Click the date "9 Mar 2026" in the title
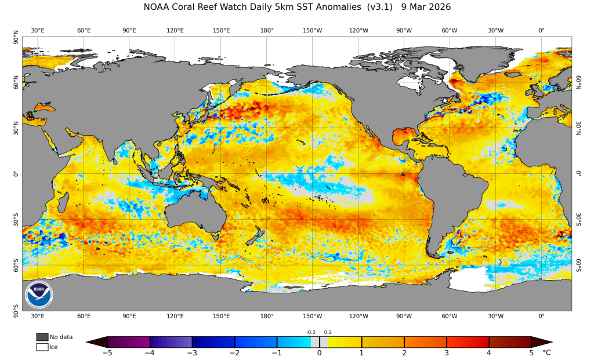coord(426,7)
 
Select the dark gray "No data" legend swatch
coord(42,337)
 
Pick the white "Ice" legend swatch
coord(42,347)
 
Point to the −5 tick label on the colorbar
coord(107,352)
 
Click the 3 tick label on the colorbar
coord(447,352)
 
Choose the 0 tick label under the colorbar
coord(319,352)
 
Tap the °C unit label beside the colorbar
coord(546,352)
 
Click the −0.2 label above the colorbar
coord(311,332)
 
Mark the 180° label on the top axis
coord(267,30)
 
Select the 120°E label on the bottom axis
coord(175,316)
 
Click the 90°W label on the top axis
coord(404,30)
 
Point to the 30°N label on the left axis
coord(16,126)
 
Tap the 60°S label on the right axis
coord(578,266)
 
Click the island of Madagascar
coord(64,203)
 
